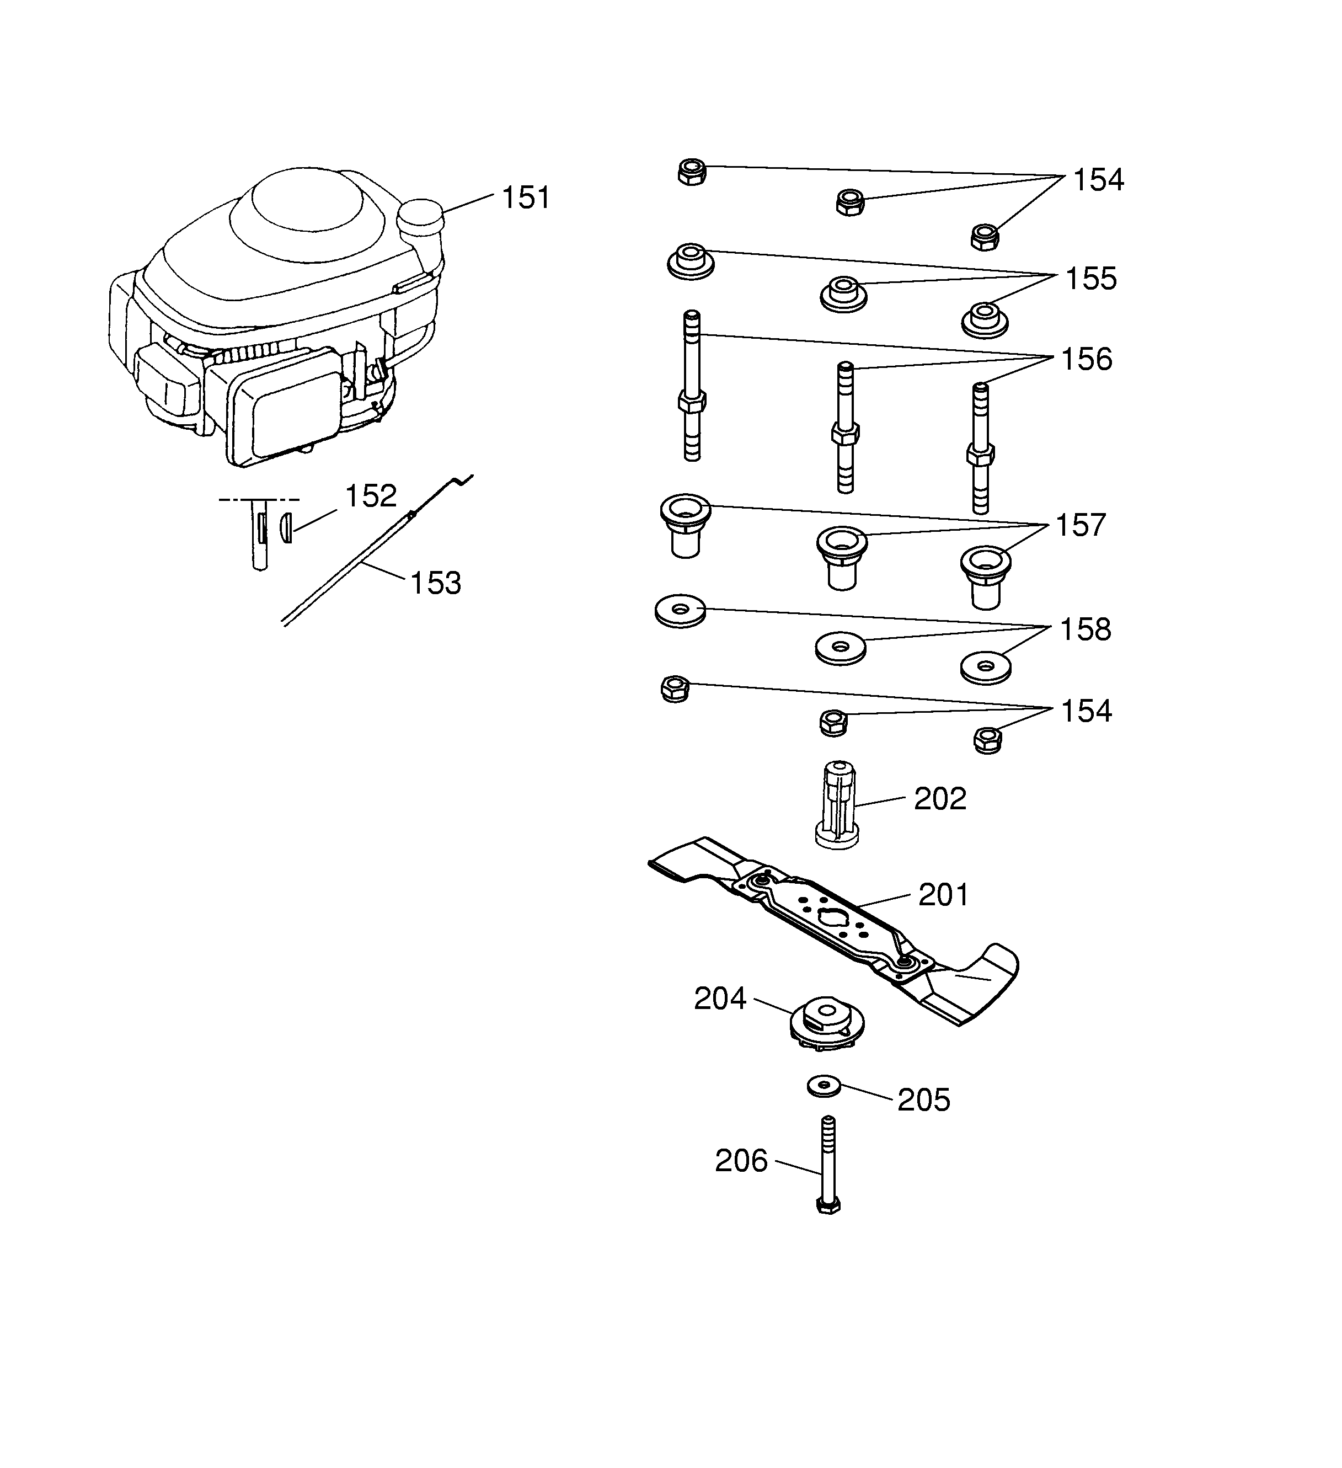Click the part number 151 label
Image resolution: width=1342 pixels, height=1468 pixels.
pos(525,198)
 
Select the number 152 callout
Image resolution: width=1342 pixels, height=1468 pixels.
pos(370,496)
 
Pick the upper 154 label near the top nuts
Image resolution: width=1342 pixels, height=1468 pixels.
pos(1098,180)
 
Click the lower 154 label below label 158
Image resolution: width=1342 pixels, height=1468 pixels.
pos(1086,712)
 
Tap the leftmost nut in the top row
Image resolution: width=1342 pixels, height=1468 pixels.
pos(692,172)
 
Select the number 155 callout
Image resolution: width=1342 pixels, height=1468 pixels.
pos(1090,279)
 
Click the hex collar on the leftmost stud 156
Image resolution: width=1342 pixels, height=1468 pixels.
pos(692,401)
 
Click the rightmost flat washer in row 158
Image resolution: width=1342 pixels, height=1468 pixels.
pos(986,666)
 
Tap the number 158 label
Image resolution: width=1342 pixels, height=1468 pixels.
pos(1085,630)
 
